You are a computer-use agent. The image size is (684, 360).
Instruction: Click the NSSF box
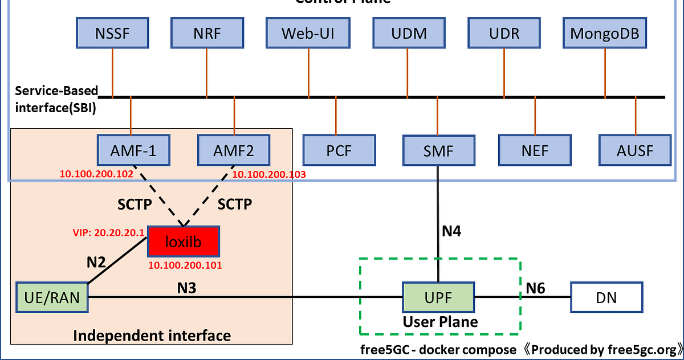[112, 33]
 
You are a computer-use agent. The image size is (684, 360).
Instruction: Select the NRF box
[208, 33]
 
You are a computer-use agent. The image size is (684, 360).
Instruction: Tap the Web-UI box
[308, 33]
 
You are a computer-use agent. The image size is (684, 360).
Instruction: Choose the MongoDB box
[605, 33]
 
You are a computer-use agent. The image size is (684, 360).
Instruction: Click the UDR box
[504, 33]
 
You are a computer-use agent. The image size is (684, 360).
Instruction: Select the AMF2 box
[234, 150]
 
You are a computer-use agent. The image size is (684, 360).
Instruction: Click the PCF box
[339, 151]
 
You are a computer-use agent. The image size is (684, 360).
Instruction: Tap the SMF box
[438, 150]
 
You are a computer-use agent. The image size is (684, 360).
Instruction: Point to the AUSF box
[635, 151]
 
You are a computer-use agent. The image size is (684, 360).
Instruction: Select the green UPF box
[438, 297]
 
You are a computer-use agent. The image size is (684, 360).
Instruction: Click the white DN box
[606, 298]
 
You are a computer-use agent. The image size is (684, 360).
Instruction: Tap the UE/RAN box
[52, 297]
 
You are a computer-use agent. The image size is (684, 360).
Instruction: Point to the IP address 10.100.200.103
[269, 174]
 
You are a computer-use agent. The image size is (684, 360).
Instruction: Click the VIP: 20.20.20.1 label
[108, 232]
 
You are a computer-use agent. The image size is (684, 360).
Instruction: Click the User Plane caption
[440, 322]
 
